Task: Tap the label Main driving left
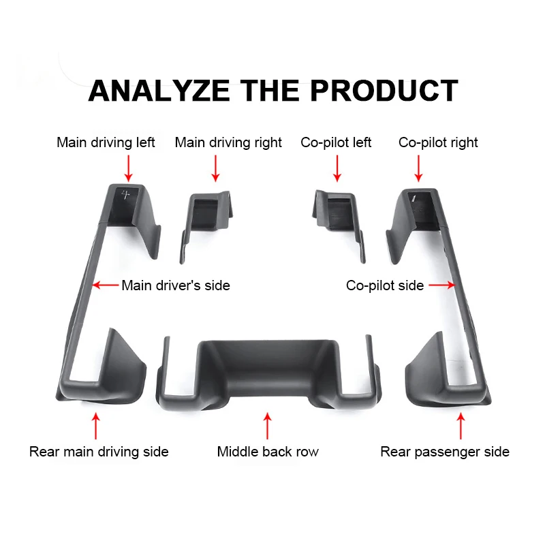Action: tap(106, 142)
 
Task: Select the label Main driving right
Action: tap(228, 142)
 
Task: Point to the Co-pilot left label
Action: tap(336, 142)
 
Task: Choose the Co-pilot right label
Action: tap(438, 142)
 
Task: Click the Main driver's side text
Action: tap(176, 285)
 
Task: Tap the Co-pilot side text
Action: tap(385, 285)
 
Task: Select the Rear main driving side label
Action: tap(99, 452)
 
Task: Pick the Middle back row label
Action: tap(268, 452)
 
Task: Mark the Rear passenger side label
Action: tap(445, 452)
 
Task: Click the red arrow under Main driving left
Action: tap(128, 168)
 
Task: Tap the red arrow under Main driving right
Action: tap(215, 168)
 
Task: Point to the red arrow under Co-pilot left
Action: tap(337, 168)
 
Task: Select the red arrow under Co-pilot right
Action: tap(418, 168)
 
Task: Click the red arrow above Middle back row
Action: tap(268, 425)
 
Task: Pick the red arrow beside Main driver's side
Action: tap(106, 285)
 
